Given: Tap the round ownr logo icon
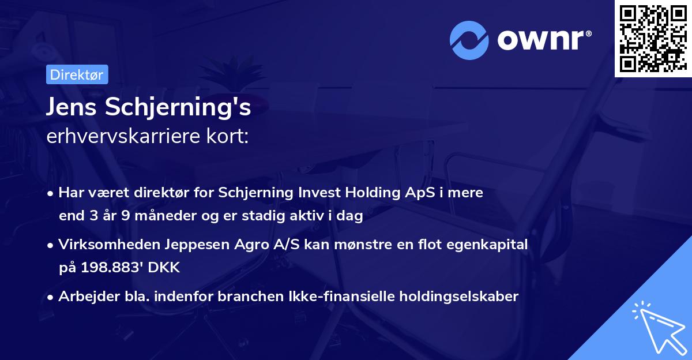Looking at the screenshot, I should [469, 40].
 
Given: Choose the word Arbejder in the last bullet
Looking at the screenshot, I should [83, 297].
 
